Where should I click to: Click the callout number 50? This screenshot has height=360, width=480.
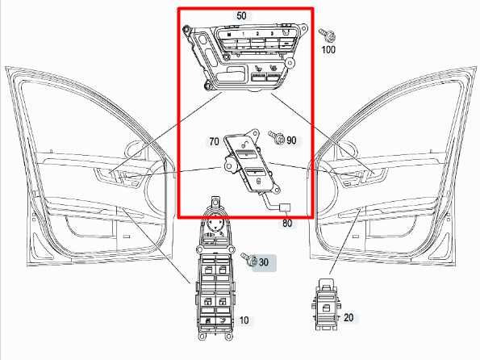tap(242, 16)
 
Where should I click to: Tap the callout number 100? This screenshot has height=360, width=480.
tap(328, 50)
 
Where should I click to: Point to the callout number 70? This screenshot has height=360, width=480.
tap(214, 141)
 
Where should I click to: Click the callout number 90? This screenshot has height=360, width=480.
tap(291, 140)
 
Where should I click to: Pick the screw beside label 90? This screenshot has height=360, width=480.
tap(278, 139)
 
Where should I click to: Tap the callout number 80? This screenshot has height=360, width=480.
tap(286, 224)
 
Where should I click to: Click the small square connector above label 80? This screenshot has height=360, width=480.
tap(285, 208)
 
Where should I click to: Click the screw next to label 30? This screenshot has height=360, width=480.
tap(250, 260)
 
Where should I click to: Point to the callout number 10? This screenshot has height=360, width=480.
tap(244, 320)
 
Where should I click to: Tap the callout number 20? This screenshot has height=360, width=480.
tap(349, 317)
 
